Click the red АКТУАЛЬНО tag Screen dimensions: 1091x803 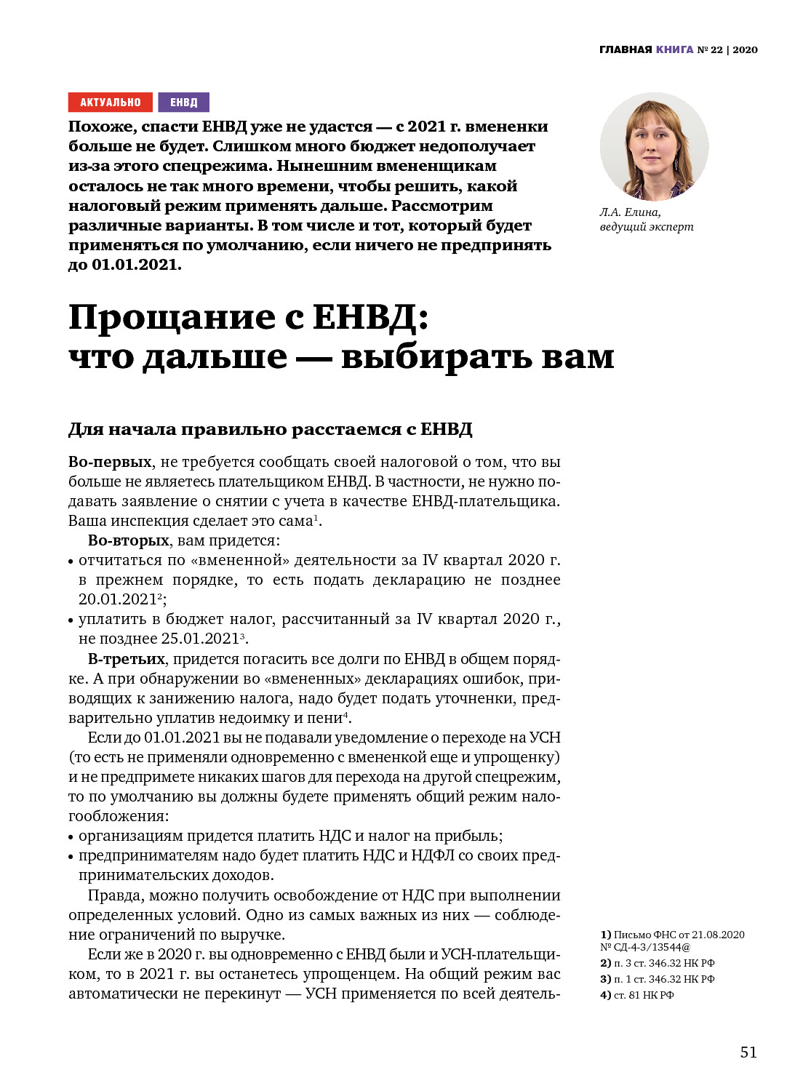pos(111,103)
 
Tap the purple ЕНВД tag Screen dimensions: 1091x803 pos(183,103)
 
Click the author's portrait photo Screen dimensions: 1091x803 pos(654,146)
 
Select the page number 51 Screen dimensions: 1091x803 pos(748,1052)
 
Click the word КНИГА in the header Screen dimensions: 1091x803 pos(674,49)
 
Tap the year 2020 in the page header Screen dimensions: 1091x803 pos(745,49)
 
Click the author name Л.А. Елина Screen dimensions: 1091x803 pos(630,212)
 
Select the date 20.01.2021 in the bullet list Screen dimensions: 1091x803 pos(118,599)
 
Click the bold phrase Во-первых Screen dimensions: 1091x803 pos(110,462)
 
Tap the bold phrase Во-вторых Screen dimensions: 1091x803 pos(128,540)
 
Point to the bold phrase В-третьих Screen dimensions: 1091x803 pos(127,659)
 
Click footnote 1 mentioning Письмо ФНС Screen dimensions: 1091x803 pos(671,935)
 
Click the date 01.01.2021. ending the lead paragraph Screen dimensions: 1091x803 pos(136,265)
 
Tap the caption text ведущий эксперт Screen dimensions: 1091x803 pos(647,226)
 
